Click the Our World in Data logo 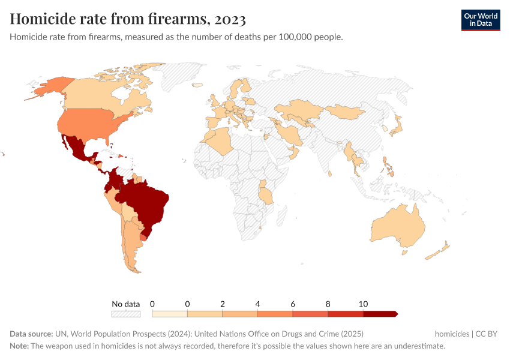pos(480,20)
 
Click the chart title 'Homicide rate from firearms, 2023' pos(128,19)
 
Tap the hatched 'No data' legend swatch pos(126,314)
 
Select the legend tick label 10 pos(363,304)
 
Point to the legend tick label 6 pos(293,304)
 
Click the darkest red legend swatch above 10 pos(380,314)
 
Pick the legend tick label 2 pos(223,304)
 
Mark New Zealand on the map pos(438,252)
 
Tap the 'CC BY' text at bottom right pos(490,334)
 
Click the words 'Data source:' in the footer pos(31,334)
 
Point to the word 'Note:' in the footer pos(19,346)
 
